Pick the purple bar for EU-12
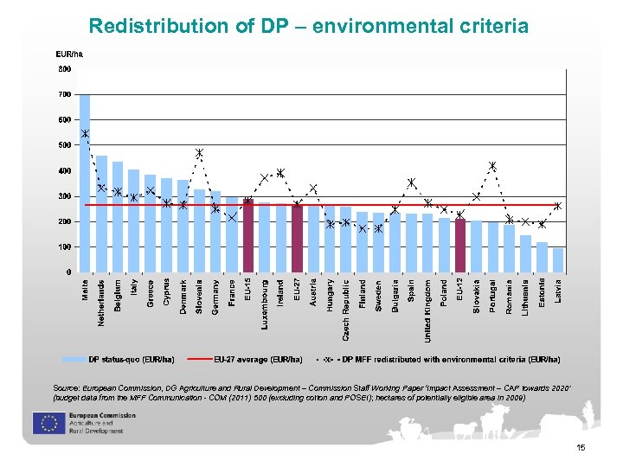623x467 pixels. (460, 246)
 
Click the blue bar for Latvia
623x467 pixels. (558, 260)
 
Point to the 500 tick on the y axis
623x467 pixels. (65, 145)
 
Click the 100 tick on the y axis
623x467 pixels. (65, 247)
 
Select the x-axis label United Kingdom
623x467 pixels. (428, 310)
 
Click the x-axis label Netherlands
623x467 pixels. (101, 303)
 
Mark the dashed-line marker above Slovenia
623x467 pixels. (199, 153)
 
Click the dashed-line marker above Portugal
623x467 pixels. (492, 166)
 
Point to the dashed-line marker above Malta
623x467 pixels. (85, 133)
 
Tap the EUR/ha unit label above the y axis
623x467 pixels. (69, 54)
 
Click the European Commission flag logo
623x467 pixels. (45, 423)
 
